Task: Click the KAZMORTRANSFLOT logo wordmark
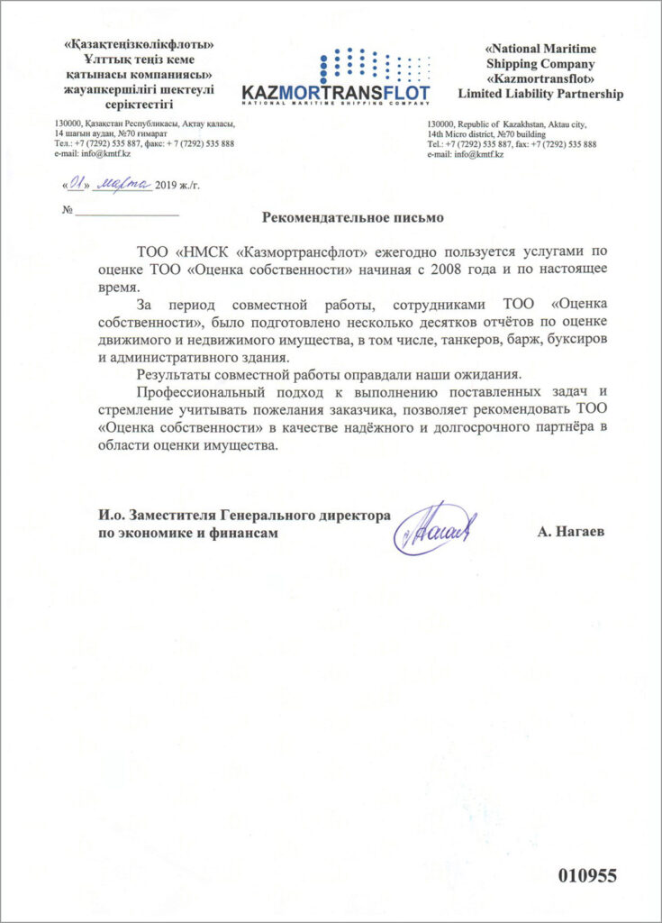click(x=335, y=93)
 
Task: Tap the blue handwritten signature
click(x=436, y=528)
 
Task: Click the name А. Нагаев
click(x=571, y=533)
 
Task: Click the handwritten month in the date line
click(x=123, y=182)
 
